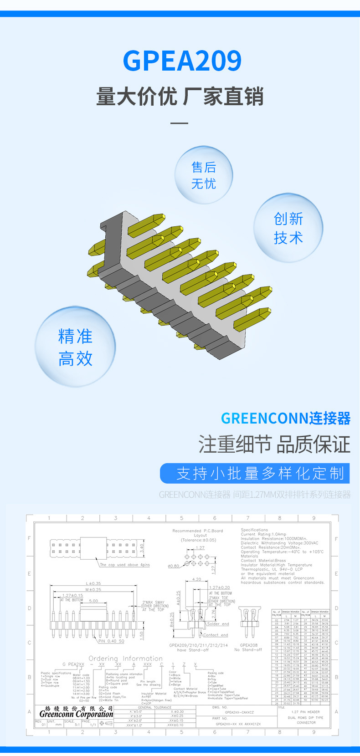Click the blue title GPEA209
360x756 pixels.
coord(182,61)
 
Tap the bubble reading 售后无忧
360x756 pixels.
coord(204,175)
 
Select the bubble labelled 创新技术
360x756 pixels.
coord(288,228)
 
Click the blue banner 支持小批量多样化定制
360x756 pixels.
coord(255,473)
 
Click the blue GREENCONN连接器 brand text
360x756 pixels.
coord(286,418)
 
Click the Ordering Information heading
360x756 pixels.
coord(125,658)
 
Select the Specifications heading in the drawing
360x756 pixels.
coord(254,530)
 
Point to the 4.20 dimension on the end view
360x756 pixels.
coord(196,579)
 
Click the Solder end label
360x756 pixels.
coord(218,624)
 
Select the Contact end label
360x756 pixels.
coord(216,635)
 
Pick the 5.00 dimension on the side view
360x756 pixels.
coord(93,601)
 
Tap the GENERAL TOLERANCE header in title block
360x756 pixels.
coord(154,707)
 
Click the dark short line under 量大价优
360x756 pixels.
coord(180,123)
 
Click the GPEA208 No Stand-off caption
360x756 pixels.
coord(249,648)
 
